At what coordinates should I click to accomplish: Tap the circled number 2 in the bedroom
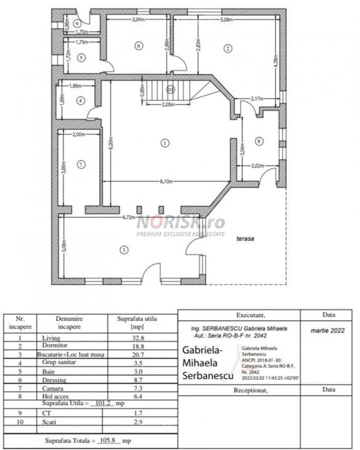pos(228,48)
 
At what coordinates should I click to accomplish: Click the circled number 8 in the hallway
pos(258,141)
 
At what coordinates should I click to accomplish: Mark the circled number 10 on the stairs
pos(170,89)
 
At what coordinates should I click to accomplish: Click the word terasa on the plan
pos(246,239)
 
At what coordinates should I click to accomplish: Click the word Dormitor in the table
pos(54,346)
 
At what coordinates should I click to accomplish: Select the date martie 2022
pos(327,330)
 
